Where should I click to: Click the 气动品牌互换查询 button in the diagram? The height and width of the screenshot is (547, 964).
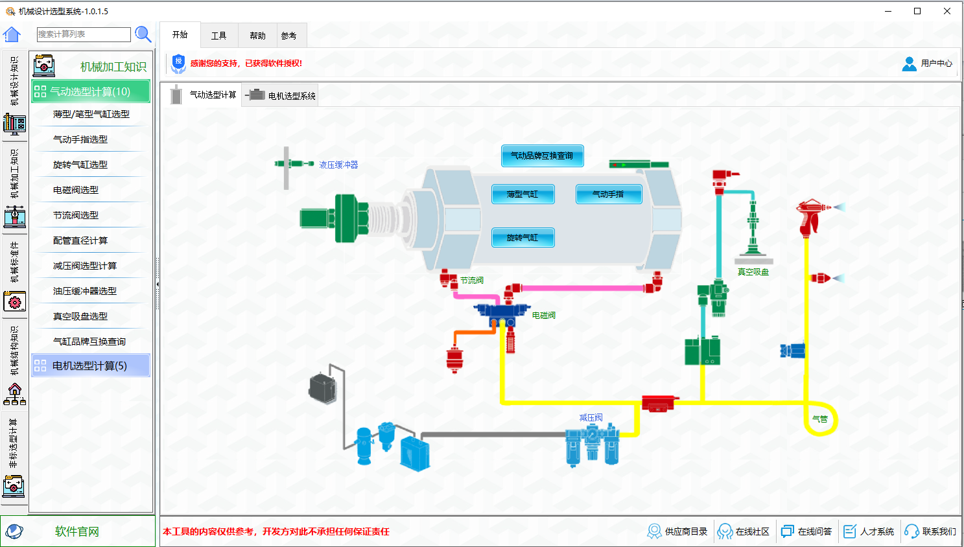[542, 156]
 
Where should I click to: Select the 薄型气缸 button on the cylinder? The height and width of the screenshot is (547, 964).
[523, 194]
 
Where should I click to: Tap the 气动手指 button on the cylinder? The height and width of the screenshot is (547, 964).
[608, 194]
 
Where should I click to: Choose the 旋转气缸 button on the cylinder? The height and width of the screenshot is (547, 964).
[523, 238]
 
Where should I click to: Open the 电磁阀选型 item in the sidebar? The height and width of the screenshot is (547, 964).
[76, 190]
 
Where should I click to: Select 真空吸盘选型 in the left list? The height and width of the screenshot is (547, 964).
[80, 316]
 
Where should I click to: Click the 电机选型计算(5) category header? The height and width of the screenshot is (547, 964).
[89, 366]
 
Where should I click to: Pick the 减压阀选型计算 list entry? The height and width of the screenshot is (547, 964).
[85, 266]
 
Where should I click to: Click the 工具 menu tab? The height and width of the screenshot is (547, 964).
[219, 36]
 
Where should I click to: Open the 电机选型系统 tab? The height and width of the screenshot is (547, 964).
[283, 96]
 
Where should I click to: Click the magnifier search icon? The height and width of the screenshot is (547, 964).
[143, 34]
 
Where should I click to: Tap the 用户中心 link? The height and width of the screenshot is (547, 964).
[928, 64]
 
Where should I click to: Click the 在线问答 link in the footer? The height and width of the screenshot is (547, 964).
[807, 531]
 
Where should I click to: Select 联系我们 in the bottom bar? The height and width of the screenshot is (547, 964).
[931, 531]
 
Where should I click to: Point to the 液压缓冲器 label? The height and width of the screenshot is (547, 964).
[338, 165]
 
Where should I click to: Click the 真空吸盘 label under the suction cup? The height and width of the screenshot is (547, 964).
[753, 272]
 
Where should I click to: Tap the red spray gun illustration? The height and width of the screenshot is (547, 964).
[812, 216]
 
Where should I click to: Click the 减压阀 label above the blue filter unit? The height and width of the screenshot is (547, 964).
[591, 417]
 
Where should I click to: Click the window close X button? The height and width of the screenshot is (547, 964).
[947, 11]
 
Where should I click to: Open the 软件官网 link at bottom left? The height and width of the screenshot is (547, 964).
[76, 531]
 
